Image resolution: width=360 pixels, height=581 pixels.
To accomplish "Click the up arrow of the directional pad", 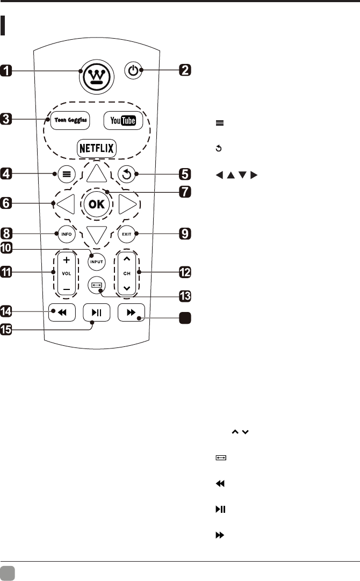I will (x=97, y=173).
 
